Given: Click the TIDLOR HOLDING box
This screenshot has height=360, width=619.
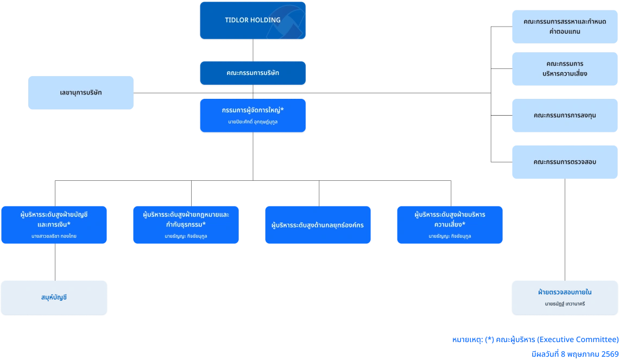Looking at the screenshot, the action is pos(252,21).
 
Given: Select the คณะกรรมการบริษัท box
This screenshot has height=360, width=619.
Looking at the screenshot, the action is pos(252,73).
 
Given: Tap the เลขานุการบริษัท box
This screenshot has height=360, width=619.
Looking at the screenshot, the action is pos(81,93).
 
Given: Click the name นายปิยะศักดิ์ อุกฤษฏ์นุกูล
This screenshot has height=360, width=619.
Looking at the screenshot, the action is pos(252,122).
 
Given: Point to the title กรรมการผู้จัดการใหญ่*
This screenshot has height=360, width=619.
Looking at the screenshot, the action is pos(252,110).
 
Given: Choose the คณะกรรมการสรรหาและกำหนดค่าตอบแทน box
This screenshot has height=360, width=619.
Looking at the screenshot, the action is pos(565,27).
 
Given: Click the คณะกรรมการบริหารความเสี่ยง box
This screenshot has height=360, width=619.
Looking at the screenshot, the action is pos(565,69).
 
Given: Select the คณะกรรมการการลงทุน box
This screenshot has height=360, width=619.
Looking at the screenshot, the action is pos(565,116).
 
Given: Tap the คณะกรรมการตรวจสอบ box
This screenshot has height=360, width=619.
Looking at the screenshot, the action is pos(565,162).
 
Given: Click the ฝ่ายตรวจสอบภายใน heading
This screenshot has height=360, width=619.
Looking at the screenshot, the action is pos(565,292).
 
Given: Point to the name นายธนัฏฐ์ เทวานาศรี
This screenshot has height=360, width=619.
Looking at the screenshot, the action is pos(565,304).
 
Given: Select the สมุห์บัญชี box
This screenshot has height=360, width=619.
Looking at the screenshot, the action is pos(54,298).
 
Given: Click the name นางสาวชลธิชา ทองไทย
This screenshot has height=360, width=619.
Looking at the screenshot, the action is pos(54,236).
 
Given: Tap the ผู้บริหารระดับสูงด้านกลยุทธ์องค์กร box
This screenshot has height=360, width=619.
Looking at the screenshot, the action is pos(318,225).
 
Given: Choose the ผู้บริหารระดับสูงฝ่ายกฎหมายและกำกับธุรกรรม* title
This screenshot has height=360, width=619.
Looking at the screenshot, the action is pos(186,219).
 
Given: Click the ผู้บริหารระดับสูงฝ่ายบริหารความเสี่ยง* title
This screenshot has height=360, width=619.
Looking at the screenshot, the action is pos(450,219).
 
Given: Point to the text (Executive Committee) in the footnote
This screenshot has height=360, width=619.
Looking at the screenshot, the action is pos(578,339).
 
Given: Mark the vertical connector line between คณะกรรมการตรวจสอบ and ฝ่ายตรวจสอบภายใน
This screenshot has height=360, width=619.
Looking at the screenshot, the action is pos(565,230).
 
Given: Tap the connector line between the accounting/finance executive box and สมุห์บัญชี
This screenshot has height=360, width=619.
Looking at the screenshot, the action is pos(55,262).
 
